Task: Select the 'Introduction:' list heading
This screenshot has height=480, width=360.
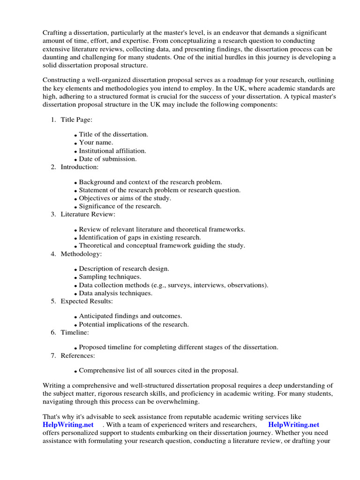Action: (79, 167)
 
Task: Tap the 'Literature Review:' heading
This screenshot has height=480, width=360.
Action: (88, 214)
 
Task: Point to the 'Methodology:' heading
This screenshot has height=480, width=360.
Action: (81, 254)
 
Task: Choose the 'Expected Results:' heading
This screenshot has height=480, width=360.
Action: (87, 301)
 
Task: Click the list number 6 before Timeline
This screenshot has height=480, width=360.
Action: (53, 332)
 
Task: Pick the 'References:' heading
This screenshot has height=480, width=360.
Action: (78, 356)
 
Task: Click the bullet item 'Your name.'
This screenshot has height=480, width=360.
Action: (96, 142)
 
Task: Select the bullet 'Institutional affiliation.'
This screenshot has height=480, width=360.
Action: (112, 151)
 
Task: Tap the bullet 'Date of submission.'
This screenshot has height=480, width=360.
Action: (108, 159)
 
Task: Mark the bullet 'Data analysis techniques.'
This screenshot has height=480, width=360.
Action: (115, 293)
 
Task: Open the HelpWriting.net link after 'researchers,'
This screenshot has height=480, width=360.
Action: (293, 425)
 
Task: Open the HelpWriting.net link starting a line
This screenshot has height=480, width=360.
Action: (68, 425)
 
